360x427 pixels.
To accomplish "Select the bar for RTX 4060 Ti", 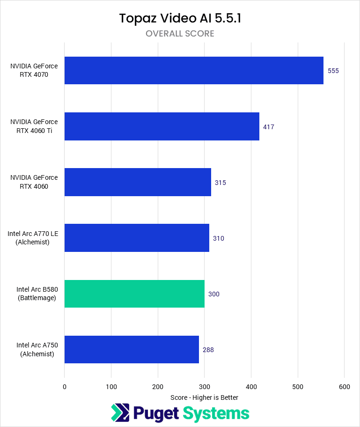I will [162, 126].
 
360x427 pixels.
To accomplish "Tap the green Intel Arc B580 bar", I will [134, 294].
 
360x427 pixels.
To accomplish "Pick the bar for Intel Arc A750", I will [132, 349].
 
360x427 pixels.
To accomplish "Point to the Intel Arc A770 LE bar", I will [137, 238].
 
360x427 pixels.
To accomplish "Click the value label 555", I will [333, 71].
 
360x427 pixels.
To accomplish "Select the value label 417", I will [268, 127].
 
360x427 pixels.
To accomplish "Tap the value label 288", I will [208, 350].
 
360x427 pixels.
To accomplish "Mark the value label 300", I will [214, 294].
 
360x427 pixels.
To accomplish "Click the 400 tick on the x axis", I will [251, 387].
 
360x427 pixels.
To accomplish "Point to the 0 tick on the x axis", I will [65, 387].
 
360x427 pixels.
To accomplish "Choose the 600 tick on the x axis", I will [344, 387].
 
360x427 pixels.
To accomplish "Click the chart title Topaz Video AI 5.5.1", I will [180, 18].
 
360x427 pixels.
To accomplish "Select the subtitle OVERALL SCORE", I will [180, 34].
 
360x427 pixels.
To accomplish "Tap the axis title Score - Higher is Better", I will [204, 398].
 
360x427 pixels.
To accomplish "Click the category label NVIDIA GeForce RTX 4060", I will [34, 182].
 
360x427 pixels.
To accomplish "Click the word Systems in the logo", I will [216, 413].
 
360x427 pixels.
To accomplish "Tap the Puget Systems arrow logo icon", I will [120, 412].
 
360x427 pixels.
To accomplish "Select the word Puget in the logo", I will [155, 413].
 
